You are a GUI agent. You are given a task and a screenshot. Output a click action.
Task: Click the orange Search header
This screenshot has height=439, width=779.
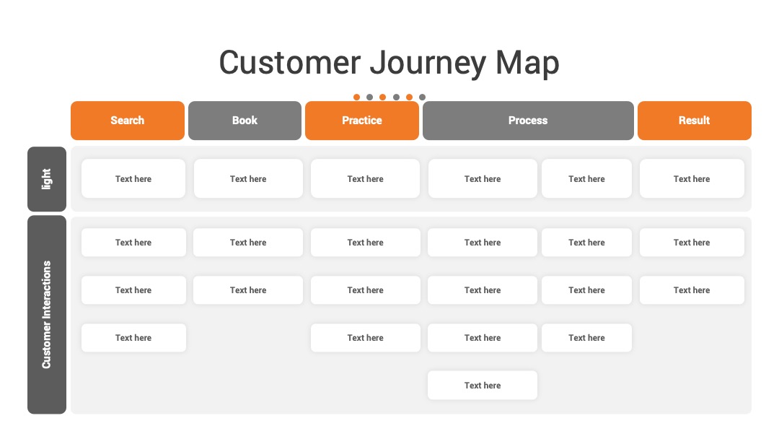point(128,121)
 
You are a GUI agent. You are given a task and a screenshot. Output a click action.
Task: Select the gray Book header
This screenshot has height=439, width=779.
point(245,121)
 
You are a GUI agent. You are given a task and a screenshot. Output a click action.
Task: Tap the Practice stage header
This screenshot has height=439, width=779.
point(362,121)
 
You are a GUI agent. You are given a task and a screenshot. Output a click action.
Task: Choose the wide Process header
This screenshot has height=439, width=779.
point(528,121)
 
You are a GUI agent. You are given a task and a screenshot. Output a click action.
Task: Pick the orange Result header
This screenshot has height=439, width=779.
point(695,121)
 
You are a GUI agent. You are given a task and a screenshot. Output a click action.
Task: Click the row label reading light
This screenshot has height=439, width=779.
point(47,179)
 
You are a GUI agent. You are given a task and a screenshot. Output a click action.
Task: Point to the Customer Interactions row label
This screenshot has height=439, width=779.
point(47,315)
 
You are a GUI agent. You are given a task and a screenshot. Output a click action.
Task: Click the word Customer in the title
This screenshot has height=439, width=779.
point(290,63)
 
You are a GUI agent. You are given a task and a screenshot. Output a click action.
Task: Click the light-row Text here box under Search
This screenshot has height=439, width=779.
point(133,178)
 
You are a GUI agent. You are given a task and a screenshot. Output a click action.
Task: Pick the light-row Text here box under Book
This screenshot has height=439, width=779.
point(248,178)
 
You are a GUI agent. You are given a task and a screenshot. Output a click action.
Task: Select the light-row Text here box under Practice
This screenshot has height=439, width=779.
point(366,178)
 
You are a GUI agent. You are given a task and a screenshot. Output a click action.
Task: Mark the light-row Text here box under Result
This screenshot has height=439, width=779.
point(692,178)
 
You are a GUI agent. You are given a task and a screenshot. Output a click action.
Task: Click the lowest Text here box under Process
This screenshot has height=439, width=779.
point(483,386)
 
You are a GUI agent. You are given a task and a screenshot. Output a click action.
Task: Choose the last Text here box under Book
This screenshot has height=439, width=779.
point(248,290)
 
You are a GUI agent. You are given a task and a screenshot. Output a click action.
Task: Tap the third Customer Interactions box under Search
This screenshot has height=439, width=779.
point(133,338)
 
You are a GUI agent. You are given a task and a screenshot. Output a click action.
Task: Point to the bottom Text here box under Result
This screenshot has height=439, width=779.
point(692,290)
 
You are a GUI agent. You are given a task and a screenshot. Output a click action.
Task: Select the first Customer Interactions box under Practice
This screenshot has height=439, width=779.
point(366,243)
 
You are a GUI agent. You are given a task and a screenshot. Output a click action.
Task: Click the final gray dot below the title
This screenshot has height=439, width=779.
point(422,97)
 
